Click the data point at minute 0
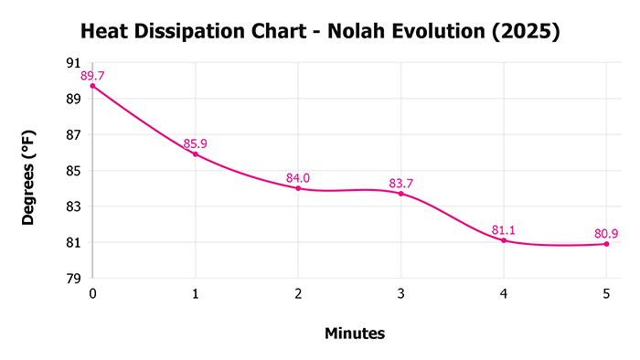coord(92,86)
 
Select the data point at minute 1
coord(195,154)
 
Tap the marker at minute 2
coord(298,188)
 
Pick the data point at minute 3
coord(400,194)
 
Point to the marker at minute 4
coord(504,240)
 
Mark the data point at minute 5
coord(606,244)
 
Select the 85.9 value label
coord(196,143)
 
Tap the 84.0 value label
coord(298,177)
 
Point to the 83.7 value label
coord(401,183)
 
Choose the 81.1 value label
coord(504,229)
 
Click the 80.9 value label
coord(606,233)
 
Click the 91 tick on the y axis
coord(73,63)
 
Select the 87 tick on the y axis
coord(73,134)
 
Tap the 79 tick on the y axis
coord(73,279)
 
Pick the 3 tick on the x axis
coord(400,293)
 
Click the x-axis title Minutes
coord(355,334)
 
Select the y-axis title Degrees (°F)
coord(29,170)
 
